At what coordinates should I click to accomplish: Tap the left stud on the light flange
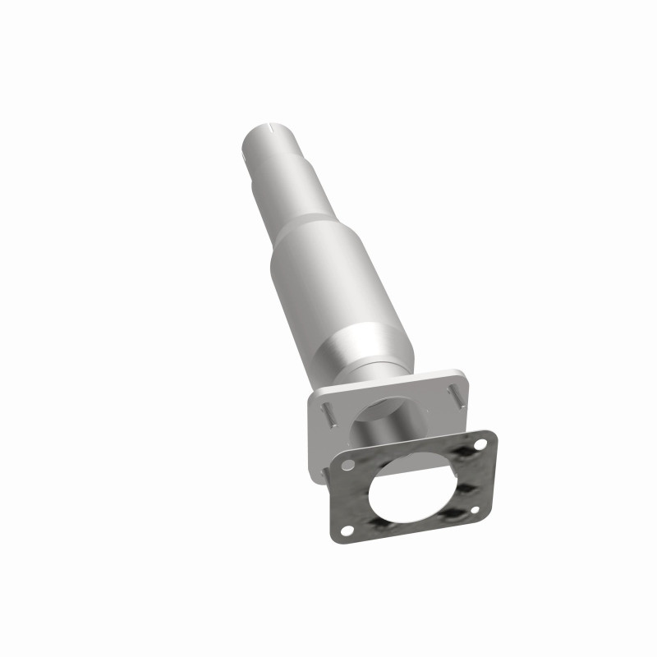(327, 411)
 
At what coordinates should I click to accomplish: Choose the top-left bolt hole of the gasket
(350, 466)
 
